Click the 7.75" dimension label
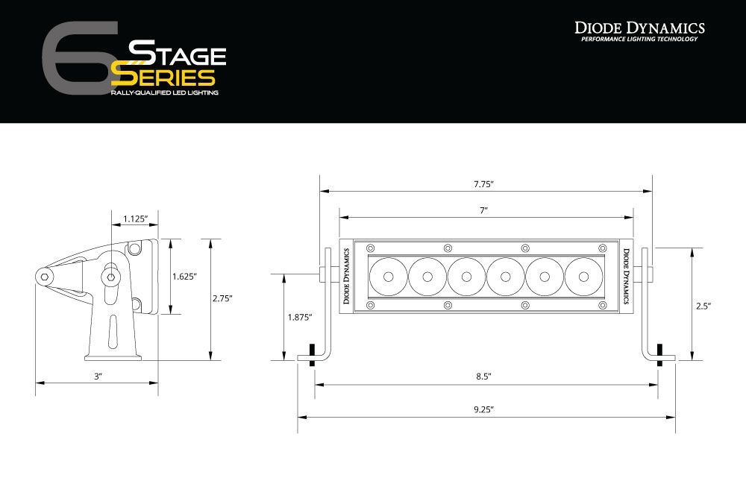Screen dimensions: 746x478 [x=484, y=183]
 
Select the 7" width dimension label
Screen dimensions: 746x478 [x=484, y=211]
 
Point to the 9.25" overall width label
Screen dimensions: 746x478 [x=484, y=409]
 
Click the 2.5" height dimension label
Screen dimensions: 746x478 [x=703, y=306]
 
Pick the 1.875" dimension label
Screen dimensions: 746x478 [x=299, y=317]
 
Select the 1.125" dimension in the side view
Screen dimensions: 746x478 [x=135, y=218]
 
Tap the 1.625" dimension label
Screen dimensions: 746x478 [x=184, y=276]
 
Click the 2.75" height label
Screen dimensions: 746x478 [x=222, y=298]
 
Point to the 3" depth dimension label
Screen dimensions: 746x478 [x=98, y=377]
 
